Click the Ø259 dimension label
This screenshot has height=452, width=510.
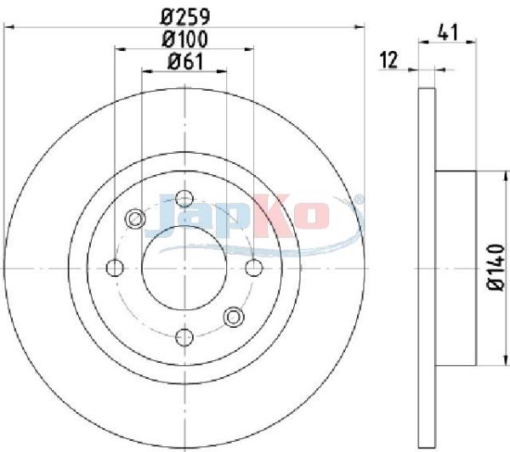pos(185,17)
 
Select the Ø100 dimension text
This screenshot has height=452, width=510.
pos(184,39)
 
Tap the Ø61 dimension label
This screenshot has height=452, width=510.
pos(185,61)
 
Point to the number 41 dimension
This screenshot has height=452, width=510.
pos(448,32)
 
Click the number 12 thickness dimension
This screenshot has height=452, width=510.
pos(389,60)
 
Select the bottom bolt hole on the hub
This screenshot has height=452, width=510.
pos(184,337)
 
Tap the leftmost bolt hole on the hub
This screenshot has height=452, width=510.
pos(115,268)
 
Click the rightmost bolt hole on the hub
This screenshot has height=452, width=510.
pos(254,268)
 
